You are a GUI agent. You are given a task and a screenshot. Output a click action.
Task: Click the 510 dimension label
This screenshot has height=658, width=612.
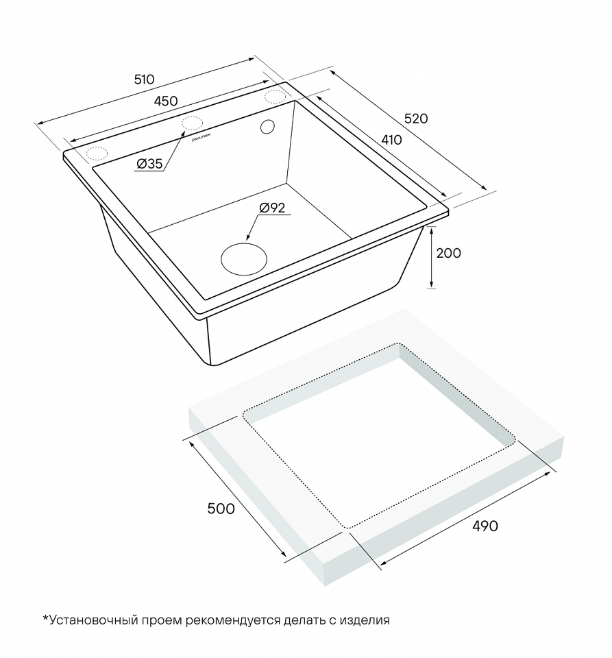pyautogui.click(x=145, y=79)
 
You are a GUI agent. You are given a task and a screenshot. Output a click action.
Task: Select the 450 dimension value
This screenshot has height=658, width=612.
pyautogui.click(x=166, y=101)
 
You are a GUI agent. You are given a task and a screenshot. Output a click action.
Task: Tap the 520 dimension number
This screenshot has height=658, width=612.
pyautogui.click(x=416, y=119)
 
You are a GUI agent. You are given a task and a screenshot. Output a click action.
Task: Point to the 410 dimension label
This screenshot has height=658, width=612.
pyautogui.click(x=391, y=140)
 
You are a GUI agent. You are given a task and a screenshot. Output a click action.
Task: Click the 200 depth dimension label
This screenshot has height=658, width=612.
pyautogui.click(x=448, y=253)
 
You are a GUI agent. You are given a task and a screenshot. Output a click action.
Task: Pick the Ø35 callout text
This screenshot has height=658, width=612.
pyautogui.click(x=149, y=164)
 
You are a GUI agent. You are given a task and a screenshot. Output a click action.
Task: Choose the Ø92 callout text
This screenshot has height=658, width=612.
pyautogui.click(x=272, y=207)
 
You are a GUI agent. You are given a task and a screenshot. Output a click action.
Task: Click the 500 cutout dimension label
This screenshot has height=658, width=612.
pyautogui.click(x=221, y=509)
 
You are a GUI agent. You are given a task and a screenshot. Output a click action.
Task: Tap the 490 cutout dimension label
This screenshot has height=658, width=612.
pyautogui.click(x=485, y=526)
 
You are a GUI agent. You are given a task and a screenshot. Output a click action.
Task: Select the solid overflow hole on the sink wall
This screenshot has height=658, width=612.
pyautogui.click(x=267, y=127)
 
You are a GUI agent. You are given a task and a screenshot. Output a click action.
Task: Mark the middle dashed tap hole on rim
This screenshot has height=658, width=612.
pyautogui.click(x=192, y=123)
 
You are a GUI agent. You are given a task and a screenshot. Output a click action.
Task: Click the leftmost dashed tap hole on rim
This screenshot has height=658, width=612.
pyautogui.click(x=97, y=154)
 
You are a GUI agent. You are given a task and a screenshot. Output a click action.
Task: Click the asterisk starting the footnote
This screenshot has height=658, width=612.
pyautogui.click(x=46, y=618)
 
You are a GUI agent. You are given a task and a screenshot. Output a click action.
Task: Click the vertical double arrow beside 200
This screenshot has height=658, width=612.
pyautogui.click(x=431, y=258)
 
